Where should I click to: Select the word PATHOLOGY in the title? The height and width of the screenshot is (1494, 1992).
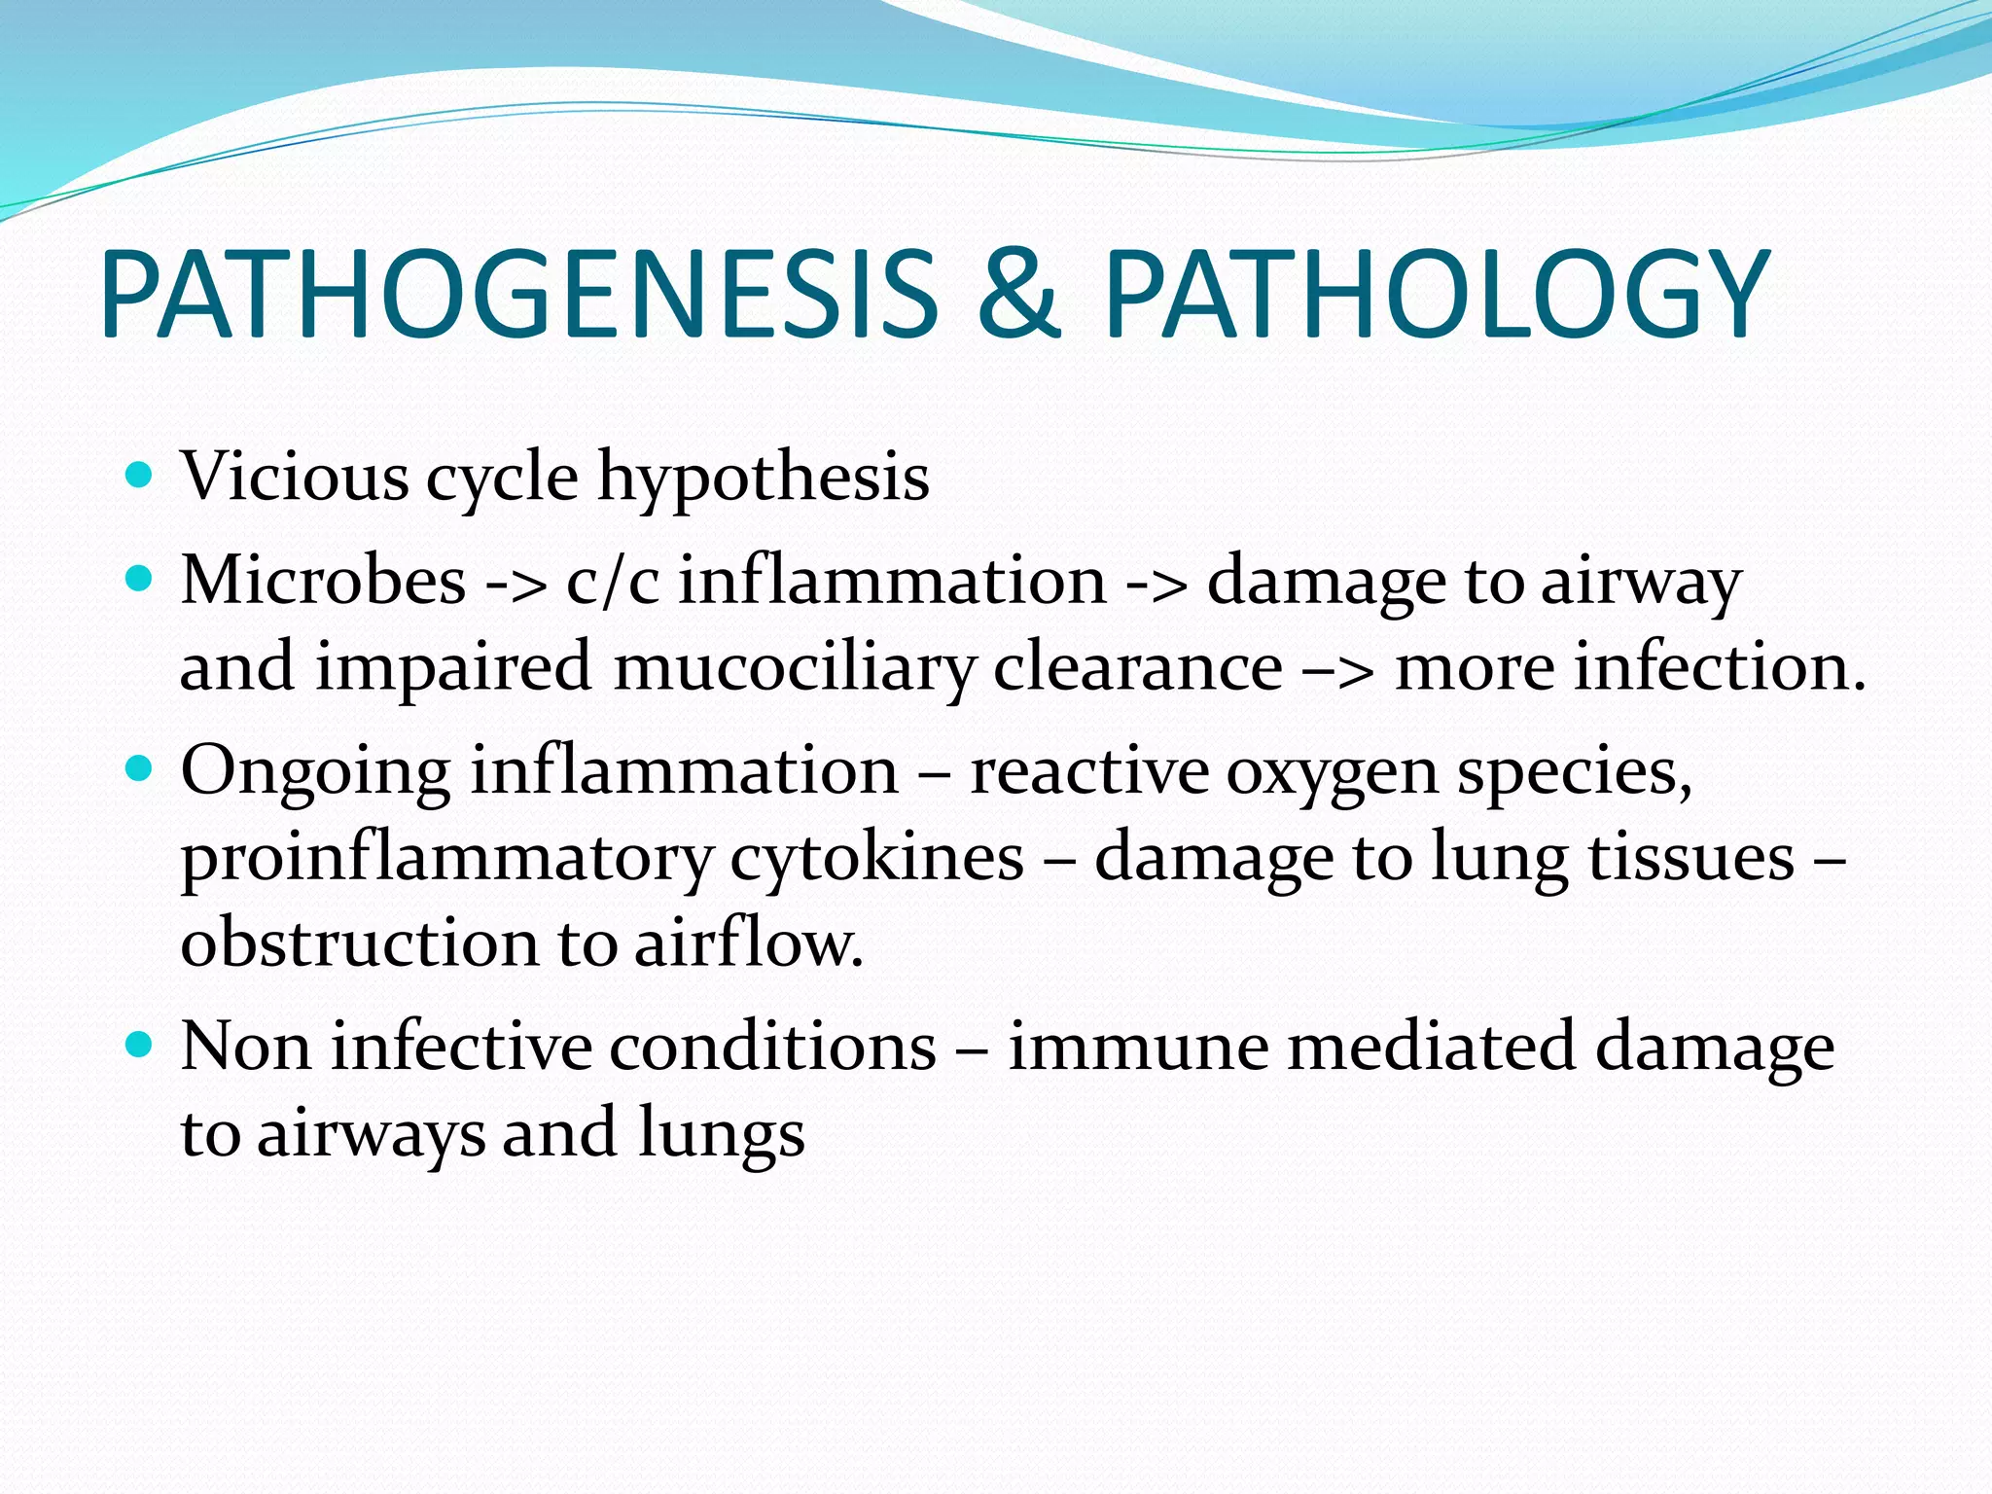coord(1436,295)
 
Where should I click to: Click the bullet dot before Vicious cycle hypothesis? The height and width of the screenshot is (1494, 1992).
coord(140,476)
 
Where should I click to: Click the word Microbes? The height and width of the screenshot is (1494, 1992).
coord(323,581)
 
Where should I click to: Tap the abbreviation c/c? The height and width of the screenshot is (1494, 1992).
coord(613,581)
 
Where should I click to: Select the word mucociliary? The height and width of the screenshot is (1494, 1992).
coord(793,669)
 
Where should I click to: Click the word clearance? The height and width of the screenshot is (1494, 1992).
coord(1137,667)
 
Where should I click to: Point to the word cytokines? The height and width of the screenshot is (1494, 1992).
coord(876,858)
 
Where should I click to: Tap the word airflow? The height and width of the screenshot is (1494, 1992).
coord(748,943)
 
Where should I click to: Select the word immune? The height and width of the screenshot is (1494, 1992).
coord(1138,1048)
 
